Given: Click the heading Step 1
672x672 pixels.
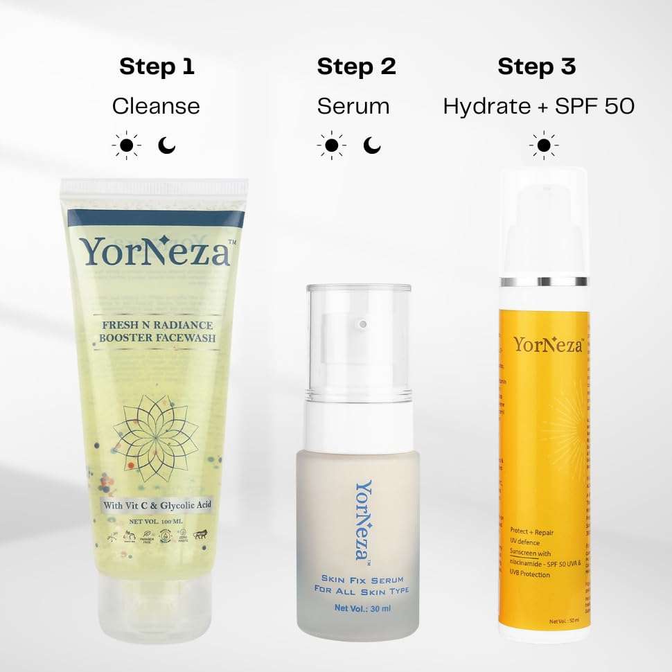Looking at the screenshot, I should click(157, 67).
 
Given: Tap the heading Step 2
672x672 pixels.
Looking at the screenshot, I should click(356, 67).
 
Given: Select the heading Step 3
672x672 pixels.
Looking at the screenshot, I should click(537, 67).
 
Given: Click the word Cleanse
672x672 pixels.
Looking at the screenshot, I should click(156, 106).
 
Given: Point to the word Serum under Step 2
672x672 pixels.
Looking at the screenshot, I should click(353, 106).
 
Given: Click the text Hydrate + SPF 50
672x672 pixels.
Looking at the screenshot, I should click(538, 106).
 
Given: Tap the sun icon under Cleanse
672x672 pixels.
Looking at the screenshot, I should click(126, 145).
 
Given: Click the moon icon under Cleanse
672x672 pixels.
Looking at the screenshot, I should click(167, 145).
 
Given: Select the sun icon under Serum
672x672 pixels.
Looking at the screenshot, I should click(331, 145).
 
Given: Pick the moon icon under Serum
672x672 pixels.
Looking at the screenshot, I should click(372, 145).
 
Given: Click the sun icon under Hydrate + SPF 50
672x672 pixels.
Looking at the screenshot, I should click(544, 145).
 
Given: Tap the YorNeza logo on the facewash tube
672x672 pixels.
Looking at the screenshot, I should click(155, 252).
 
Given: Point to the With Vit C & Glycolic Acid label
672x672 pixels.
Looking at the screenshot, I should click(157, 505).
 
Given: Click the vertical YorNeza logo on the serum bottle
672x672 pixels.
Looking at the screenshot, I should click(363, 520).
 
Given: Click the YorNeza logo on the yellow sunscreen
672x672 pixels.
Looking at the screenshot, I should click(547, 344).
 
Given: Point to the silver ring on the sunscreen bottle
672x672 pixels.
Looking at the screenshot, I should click(545, 282).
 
